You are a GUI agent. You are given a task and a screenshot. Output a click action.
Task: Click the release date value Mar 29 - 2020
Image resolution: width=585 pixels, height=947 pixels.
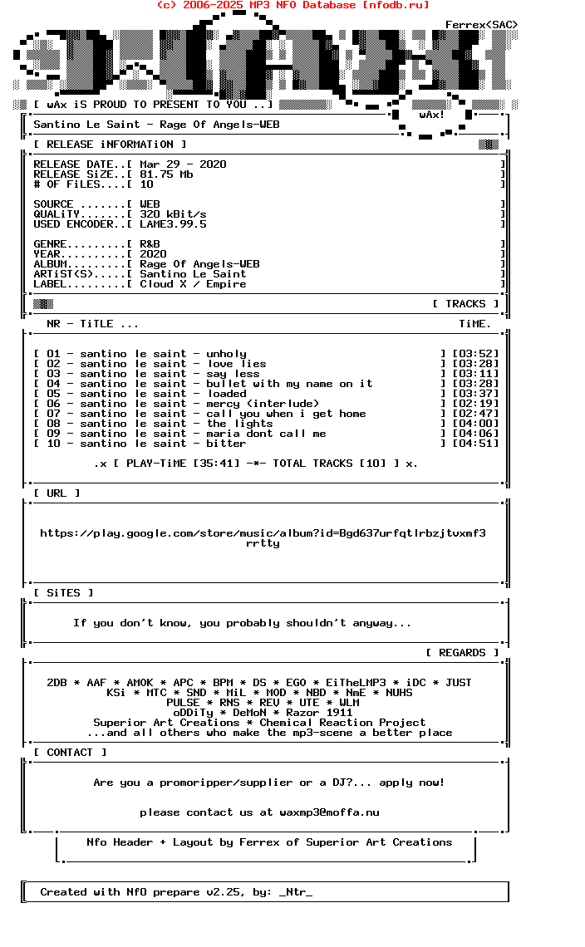tap(183, 164)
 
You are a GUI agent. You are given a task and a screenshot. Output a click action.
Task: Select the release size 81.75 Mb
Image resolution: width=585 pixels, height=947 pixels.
tap(166, 174)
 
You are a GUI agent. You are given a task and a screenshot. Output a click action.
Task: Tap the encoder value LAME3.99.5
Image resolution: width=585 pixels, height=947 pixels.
tap(173, 224)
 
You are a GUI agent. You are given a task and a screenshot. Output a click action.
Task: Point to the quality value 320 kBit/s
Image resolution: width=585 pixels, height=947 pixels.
tap(173, 214)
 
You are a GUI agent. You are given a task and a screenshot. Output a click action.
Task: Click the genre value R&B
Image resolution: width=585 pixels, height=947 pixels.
tap(150, 244)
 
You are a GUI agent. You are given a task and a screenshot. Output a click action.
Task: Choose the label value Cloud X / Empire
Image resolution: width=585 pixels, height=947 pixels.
tap(193, 284)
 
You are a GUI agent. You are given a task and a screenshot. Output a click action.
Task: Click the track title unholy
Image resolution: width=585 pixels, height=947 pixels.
tap(226, 354)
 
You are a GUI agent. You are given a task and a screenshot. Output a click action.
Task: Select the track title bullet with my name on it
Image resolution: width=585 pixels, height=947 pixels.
tap(289, 384)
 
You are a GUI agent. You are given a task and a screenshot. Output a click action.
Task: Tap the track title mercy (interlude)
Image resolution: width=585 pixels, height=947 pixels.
tap(263, 404)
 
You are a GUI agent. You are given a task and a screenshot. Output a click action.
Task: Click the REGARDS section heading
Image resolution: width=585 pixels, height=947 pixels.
tap(462, 653)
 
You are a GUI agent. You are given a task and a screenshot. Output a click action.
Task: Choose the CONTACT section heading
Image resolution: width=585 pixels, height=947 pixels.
tap(70, 753)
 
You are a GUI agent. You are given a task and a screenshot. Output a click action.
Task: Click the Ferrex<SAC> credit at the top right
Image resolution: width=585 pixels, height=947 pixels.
tap(481, 25)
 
